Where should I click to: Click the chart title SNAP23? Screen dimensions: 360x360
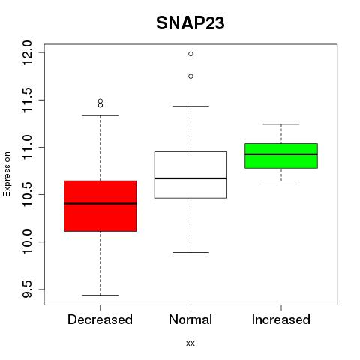(x=190, y=23)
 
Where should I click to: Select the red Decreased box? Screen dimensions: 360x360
(x=100, y=206)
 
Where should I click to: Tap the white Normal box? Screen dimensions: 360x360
(x=190, y=175)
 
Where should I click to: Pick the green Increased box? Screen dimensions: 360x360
(x=281, y=156)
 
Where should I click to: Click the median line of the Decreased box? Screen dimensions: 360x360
(x=100, y=203)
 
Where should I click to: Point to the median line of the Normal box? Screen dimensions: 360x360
(x=190, y=178)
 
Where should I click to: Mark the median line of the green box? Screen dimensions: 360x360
(x=281, y=154)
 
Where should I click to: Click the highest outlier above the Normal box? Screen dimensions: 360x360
(x=190, y=54)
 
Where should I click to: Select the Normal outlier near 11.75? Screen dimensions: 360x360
(x=190, y=76)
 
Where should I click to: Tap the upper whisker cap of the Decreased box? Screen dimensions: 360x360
(x=100, y=115)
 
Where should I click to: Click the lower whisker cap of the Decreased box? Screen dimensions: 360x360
(x=100, y=295)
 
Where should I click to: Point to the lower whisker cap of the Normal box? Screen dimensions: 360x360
(x=190, y=252)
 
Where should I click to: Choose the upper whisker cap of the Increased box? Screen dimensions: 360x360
(x=281, y=124)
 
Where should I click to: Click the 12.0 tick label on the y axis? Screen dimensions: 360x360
(x=27, y=52)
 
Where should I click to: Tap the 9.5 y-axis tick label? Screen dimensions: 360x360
(x=27, y=289)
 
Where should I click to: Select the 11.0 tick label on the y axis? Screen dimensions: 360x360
(x=27, y=147)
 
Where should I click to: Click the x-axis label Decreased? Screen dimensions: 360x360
(x=100, y=319)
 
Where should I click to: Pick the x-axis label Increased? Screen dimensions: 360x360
(x=281, y=319)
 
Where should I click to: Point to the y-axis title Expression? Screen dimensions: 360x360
(x=7, y=174)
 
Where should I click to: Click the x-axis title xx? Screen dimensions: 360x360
(x=190, y=343)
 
